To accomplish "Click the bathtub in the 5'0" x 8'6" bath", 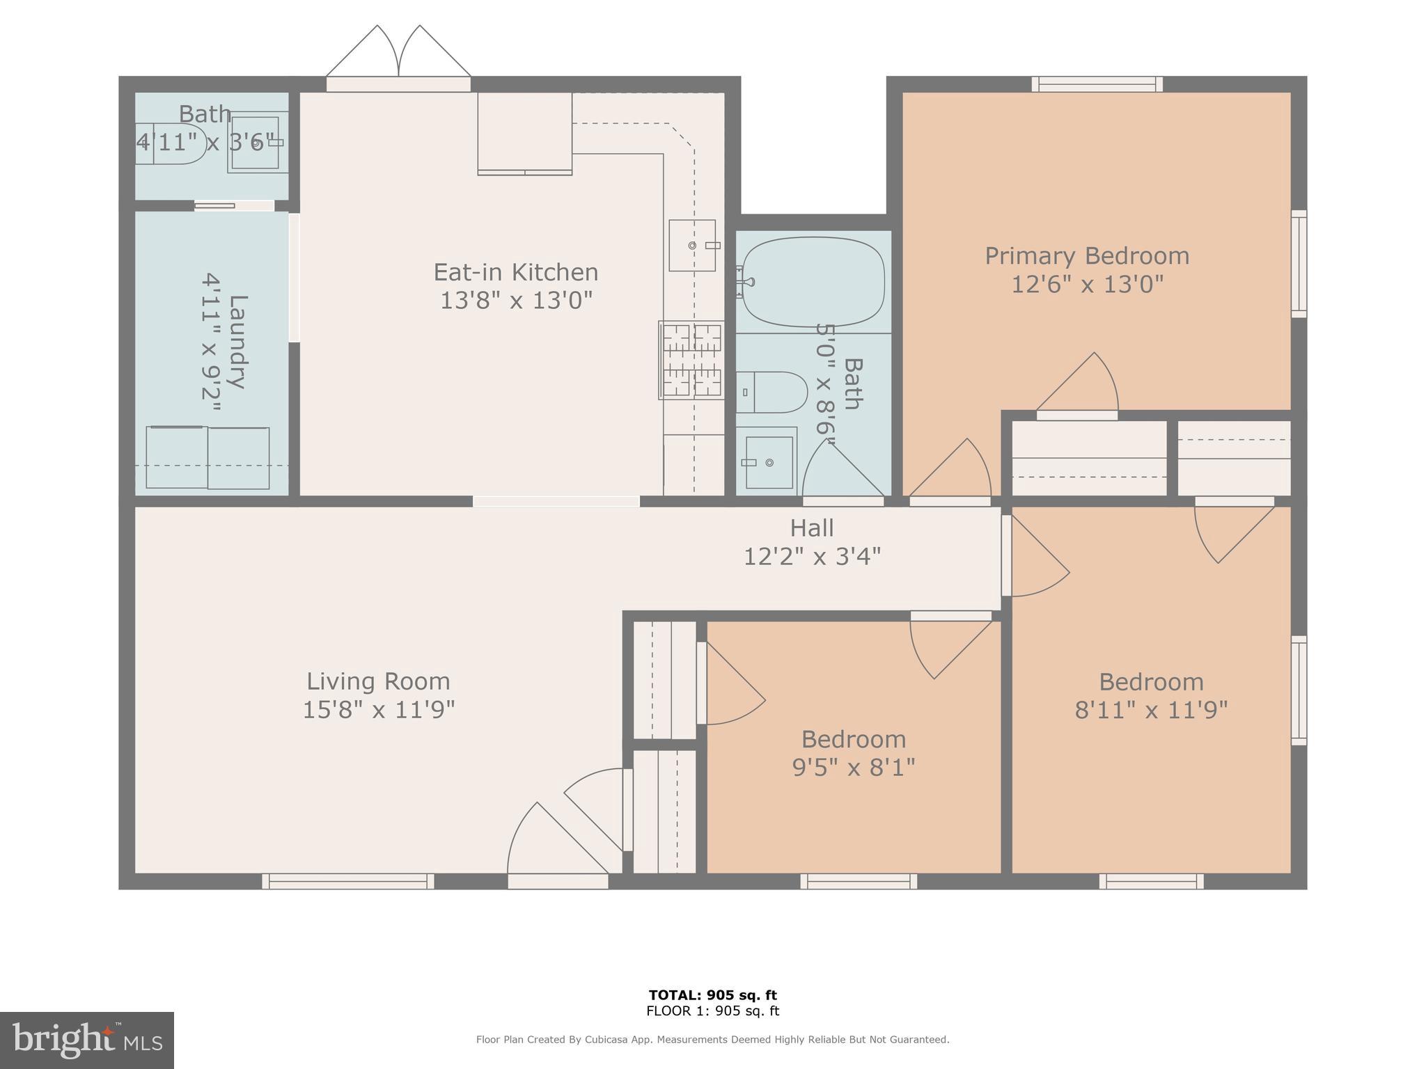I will point(813,282).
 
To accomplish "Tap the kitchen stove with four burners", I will point(691,360).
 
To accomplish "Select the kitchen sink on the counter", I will point(692,245).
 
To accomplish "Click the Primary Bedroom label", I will point(1086,255).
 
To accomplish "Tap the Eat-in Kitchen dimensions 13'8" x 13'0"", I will point(516,301).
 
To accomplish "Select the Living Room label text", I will point(378,681).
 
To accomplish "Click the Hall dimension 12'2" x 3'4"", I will point(812,557).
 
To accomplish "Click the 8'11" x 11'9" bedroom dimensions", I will point(1151,710).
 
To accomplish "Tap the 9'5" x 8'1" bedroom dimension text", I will point(853,767).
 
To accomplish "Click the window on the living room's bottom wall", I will point(348,881).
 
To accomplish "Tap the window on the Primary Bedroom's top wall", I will point(1097,84).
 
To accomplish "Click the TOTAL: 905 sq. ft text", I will point(712,995).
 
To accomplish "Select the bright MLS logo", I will point(87,1040).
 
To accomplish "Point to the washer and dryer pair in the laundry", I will point(207,458).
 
